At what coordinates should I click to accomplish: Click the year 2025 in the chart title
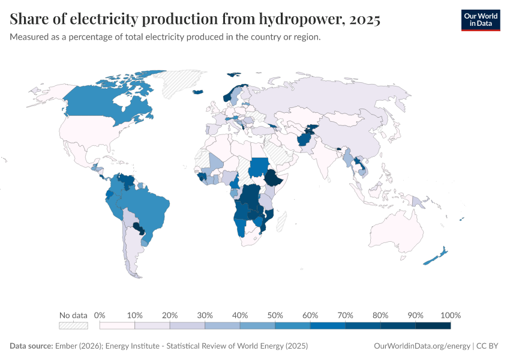pos(362,20)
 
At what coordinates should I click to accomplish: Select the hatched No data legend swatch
pos(73,326)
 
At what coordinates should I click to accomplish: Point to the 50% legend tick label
pos(275,316)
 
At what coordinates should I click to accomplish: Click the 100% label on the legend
pos(450,316)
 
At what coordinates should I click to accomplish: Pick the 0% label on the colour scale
pos(100,316)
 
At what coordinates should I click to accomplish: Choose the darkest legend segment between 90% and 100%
pos(433,326)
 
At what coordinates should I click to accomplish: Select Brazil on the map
pos(150,207)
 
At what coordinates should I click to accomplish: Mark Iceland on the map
pos(197,92)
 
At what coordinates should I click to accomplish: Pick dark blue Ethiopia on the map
pos(274,178)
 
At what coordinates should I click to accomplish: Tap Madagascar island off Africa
pos(284,218)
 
